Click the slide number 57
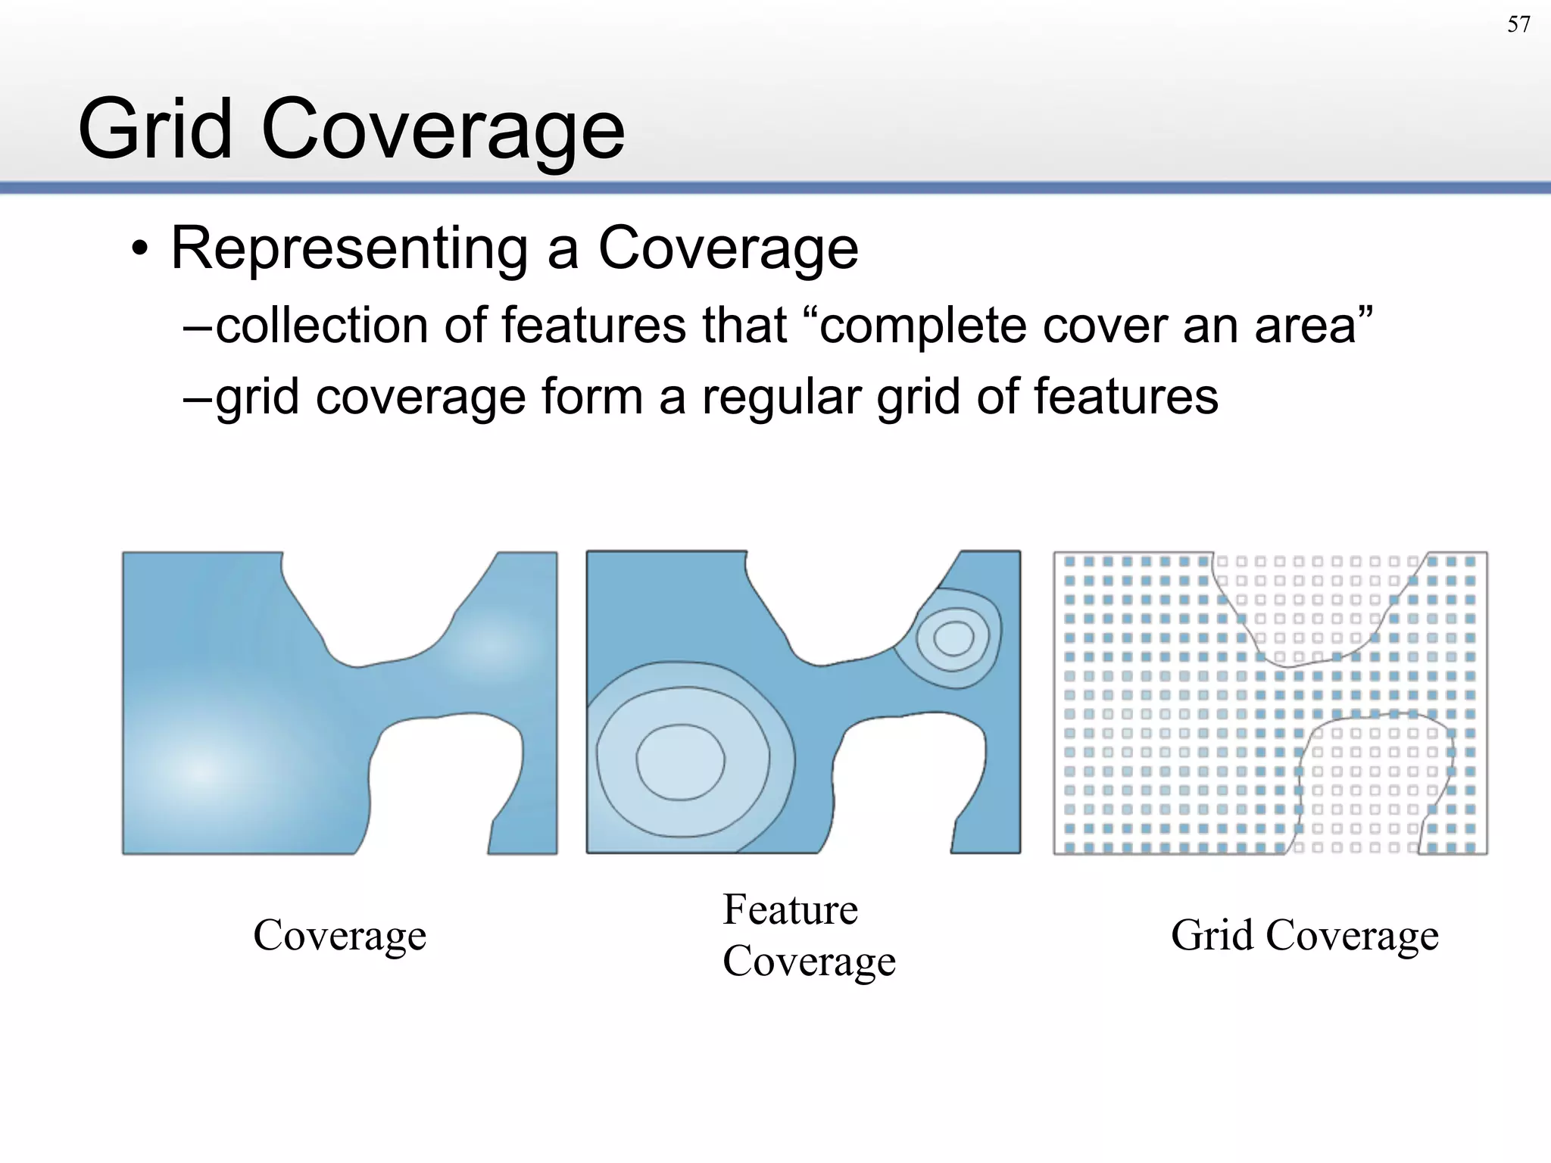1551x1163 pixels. click(x=1518, y=25)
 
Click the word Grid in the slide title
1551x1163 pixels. click(x=154, y=129)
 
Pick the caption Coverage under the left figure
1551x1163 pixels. click(x=339, y=936)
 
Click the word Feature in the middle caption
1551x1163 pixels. click(x=790, y=910)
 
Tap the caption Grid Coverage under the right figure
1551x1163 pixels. click(x=1304, y=936)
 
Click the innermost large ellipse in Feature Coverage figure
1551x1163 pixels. click(x=680, y=762)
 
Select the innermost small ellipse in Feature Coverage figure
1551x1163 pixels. click(x=953, y=638)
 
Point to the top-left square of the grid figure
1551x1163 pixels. click(x=1070, y=562)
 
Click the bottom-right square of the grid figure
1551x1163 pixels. click(x=1470, y=847)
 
